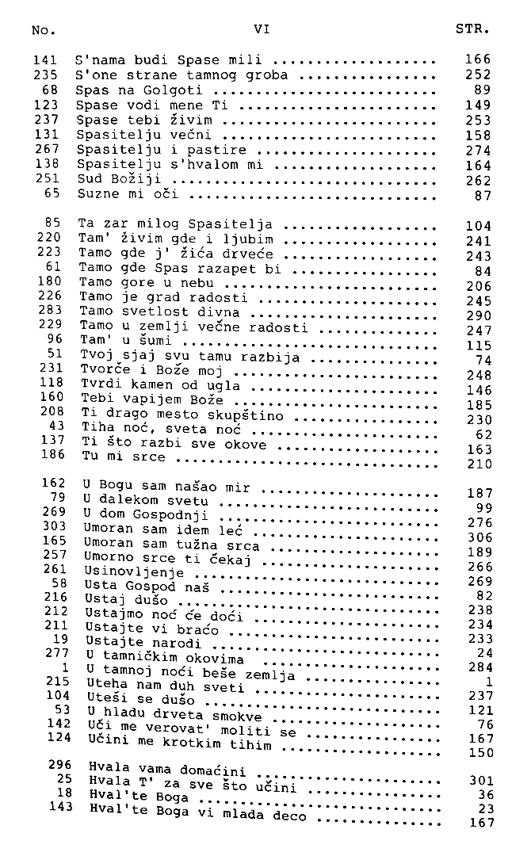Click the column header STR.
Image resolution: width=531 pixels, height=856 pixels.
click(473, 30)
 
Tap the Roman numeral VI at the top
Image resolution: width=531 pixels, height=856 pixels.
click(262, 29)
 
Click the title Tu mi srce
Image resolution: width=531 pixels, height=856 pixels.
click(124, 457)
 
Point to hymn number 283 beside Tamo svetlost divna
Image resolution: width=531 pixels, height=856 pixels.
click(50, 310)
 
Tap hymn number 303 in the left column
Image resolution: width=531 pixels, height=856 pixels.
click(53, 525)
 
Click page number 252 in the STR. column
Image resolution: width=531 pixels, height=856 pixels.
click(479, 75)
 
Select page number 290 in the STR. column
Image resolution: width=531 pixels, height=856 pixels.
click(479, 315)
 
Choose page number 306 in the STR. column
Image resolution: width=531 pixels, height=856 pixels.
click(480, 537)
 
